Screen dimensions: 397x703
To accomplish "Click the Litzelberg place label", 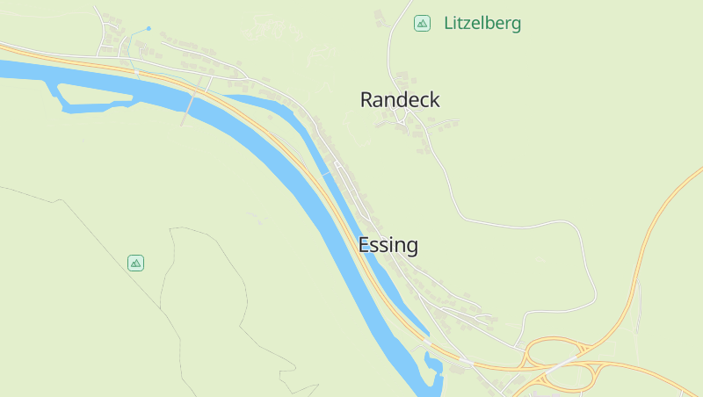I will click(x=482, y=24).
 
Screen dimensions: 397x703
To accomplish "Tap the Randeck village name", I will click(x=400, y=100).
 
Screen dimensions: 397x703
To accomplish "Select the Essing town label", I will click(x=388, y=245).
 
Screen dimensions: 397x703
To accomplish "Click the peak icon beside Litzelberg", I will click(x=423, y=24).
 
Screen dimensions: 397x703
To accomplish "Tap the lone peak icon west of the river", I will click(x=135, y=263).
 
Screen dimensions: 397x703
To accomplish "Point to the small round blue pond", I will click(x=149, y=28).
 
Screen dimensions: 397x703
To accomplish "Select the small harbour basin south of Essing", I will click(x=432, y=364).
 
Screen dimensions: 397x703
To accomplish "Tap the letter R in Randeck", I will click(x=366, y=100).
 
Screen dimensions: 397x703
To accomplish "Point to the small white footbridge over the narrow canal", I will click(x=328, y=173).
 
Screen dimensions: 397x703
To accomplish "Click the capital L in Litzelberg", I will click(x=448, y=24).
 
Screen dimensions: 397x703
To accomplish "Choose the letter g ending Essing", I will click(x=411, y=248).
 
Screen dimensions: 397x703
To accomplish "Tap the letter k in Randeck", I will click(x=434, y=100).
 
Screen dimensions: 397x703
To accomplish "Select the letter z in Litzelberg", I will click(x=467, y=24).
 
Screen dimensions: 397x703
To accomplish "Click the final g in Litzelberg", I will click(x=516, y=26).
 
